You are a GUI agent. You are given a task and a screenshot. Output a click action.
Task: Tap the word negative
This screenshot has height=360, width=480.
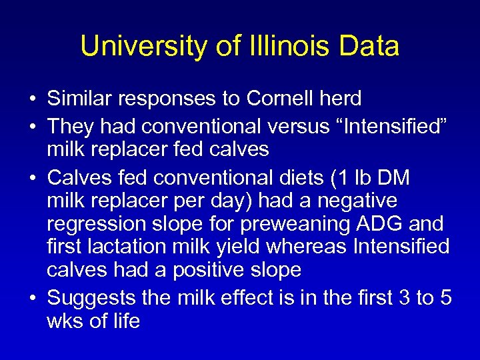tap(357, 200)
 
